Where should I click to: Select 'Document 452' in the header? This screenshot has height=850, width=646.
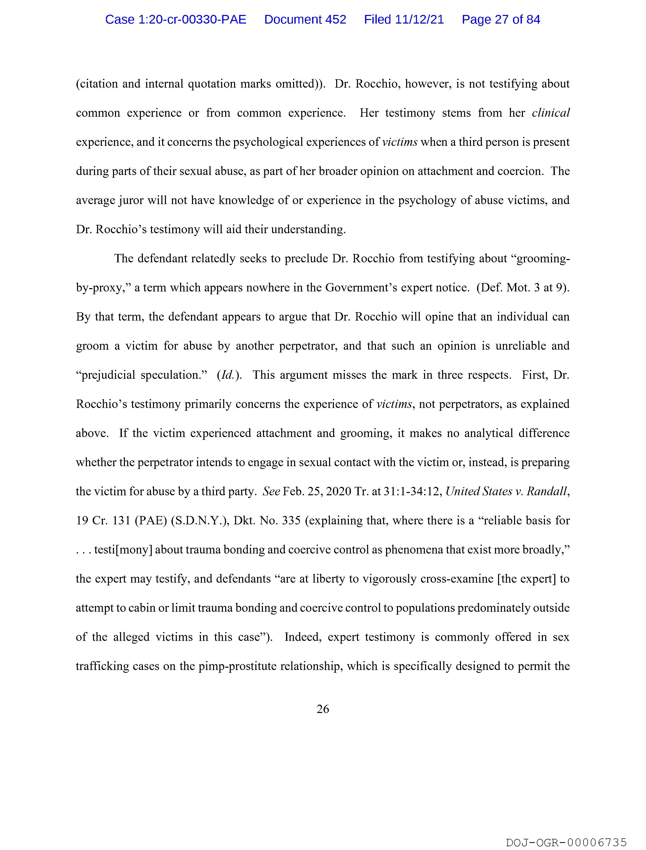305,19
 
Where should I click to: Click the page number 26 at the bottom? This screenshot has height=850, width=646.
322,709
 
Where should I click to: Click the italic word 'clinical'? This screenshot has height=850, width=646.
551,113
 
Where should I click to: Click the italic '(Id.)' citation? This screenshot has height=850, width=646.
229,375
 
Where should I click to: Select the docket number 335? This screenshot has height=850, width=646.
291,521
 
